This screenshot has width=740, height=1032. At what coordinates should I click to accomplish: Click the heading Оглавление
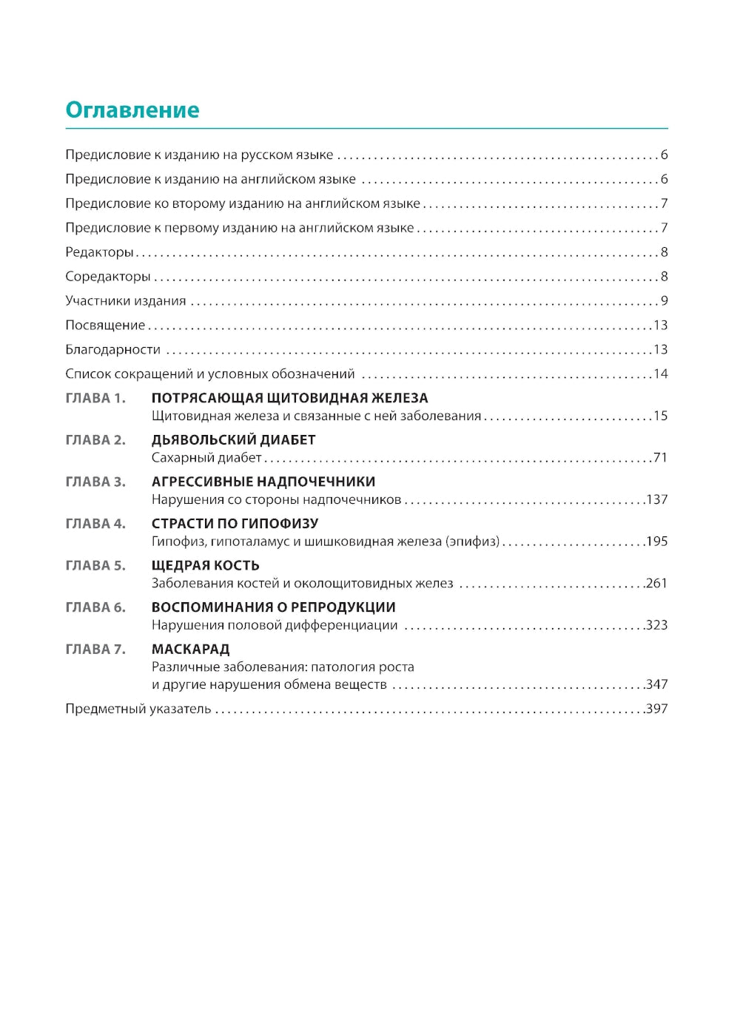(132, 110)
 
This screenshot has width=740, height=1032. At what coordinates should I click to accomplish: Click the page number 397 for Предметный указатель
(656, 709)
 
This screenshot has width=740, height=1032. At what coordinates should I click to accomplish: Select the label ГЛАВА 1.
(95, 398)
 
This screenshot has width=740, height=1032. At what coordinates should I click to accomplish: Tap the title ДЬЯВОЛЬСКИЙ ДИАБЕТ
(233, 439)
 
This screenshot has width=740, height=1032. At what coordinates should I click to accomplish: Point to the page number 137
(656, 499)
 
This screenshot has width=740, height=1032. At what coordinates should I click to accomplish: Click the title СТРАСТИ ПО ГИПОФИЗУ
(235, 523)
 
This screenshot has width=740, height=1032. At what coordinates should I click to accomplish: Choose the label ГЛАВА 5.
(95, 565)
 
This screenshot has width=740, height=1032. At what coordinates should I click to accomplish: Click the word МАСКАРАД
(190, 649)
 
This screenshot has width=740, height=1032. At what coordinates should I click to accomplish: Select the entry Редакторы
(99, 252)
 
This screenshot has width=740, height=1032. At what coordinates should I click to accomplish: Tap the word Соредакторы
(108, 277)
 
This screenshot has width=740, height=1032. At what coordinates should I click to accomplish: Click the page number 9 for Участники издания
(664, 301)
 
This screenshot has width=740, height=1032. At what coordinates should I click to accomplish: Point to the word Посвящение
(105, 326)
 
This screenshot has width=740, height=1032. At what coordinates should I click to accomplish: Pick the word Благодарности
(112, 350)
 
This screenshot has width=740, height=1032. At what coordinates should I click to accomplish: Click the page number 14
(660, 374)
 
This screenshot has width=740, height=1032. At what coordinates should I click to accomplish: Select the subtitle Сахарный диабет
(206, 458)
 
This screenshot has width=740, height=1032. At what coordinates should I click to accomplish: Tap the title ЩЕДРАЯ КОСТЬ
(205, 565)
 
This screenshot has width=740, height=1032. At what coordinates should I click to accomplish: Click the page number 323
(656, 625)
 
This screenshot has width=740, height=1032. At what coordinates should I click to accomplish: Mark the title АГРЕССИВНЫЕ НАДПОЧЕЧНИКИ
(263, 482)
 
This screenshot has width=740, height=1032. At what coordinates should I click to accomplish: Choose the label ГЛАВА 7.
(95, 649)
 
